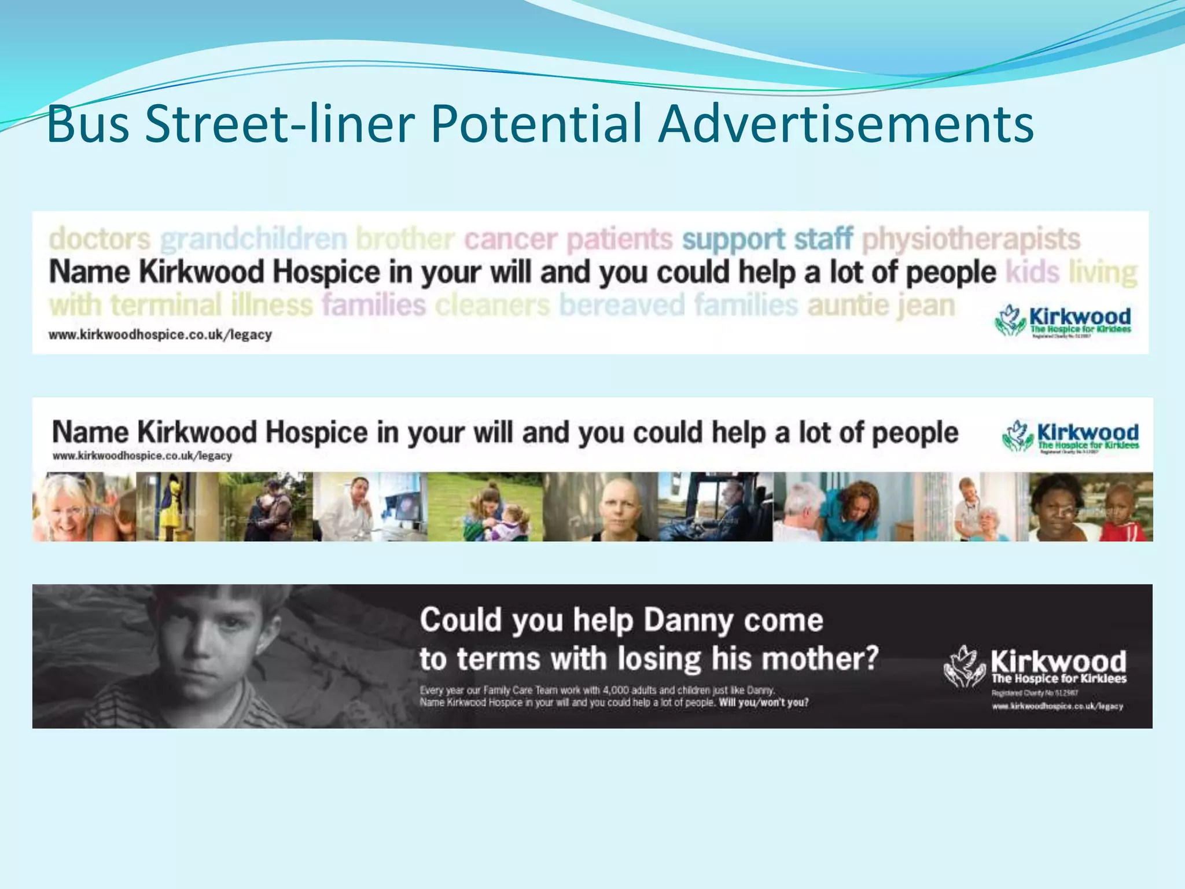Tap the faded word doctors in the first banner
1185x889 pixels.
pyautogui.click(x=100, y=238)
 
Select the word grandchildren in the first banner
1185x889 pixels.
pyautogui.click(x=253, y=238)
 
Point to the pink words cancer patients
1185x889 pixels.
pyautogui.click(x=568, y=238)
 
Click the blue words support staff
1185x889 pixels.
pyautogui.click(x=767, y=238)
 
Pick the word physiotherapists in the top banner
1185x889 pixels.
pyautogui.click(x=971, y=238)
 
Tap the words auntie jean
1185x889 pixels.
pyautogui.click(x=881, y=305)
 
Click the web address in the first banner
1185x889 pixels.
pyautogui.click(x=160, y=335)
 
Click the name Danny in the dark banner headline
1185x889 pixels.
pyautogui.click(x=689, y=620)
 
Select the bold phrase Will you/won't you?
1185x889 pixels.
pyautogui.click(x=764, y=703)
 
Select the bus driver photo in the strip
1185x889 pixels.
pyautogui.click(x=716, y=506)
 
